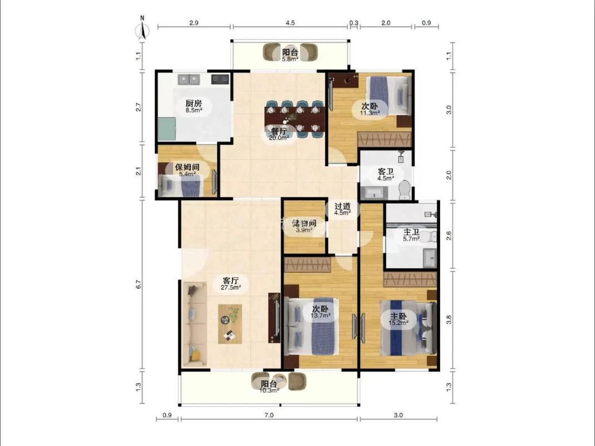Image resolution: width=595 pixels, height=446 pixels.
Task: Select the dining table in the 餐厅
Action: coord(295,119)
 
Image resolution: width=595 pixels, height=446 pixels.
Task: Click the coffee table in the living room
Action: coord(230,324)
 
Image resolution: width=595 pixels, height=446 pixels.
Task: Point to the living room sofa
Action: coord(195,324)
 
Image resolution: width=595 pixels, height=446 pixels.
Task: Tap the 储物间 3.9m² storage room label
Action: coord(304,226)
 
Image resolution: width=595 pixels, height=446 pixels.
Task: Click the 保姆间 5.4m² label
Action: coord(187,171)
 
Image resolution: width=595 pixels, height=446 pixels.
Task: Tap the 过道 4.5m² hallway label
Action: coord(342,209)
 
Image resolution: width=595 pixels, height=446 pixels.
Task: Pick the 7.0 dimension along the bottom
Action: coord(269,415)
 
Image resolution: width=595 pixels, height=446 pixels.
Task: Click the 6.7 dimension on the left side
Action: coord(139,284)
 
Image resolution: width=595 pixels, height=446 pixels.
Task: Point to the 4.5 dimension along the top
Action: coord(290,23)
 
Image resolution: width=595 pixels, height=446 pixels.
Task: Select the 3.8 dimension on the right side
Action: coord(449,320)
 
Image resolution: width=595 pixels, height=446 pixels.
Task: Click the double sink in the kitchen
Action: coord(189,79)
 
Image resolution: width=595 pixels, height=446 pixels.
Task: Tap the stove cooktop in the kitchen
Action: coord(220,79)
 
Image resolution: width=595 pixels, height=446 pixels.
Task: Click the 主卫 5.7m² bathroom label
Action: coord(411,235)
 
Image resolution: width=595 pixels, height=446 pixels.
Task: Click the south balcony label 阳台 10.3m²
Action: coord(269,387)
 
